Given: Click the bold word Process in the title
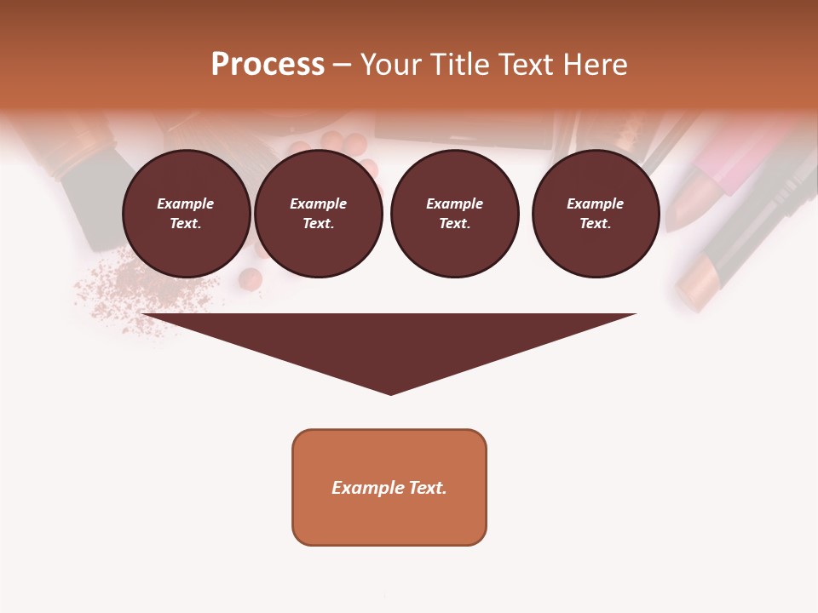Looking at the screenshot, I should [x=268, y=65].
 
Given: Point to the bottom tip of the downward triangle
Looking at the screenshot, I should [x=390, y=392].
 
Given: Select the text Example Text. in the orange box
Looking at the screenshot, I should [x=389, y=488].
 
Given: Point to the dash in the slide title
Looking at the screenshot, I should [x=342, y=66].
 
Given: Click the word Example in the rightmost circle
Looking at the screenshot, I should [x=595, y=203].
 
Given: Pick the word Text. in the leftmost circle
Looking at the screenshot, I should [x=186, y=223].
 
